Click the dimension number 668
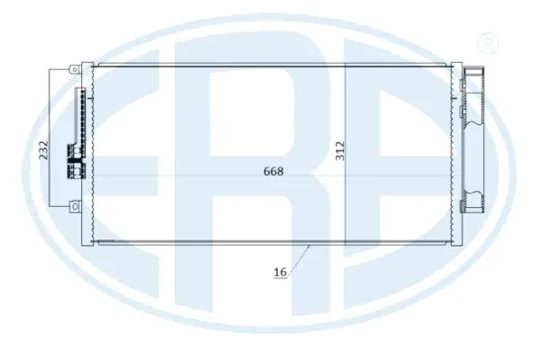pos(274,171)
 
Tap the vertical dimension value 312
pos(340,150)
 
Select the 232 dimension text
pos(43,150)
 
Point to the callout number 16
pos(280,272)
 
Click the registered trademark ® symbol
pos(487,43)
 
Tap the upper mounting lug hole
pos(75,69)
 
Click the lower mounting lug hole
pos(75,206)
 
